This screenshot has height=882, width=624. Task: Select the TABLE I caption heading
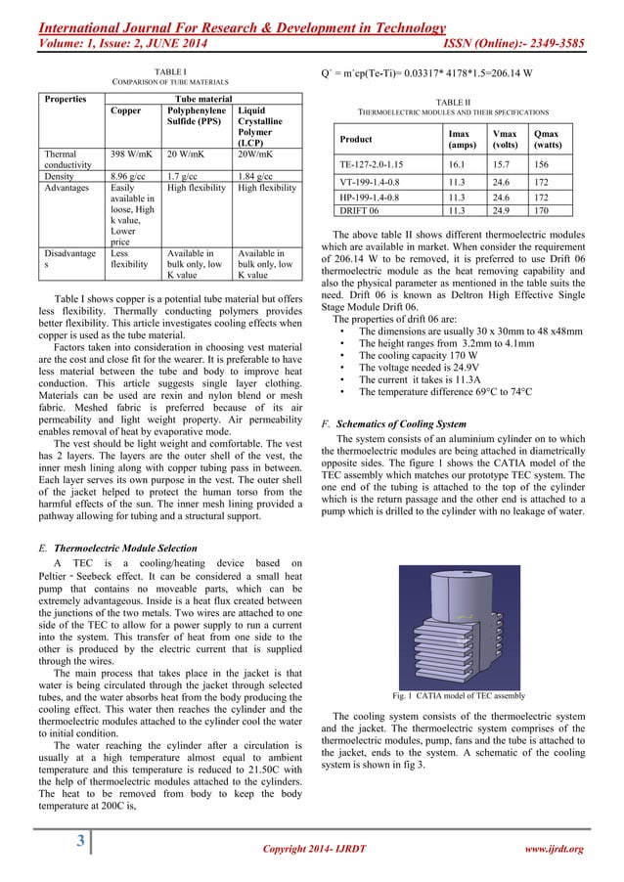[170, 72]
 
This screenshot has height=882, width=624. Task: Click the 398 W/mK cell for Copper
[129, 154]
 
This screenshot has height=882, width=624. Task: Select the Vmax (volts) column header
[504, 138]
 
